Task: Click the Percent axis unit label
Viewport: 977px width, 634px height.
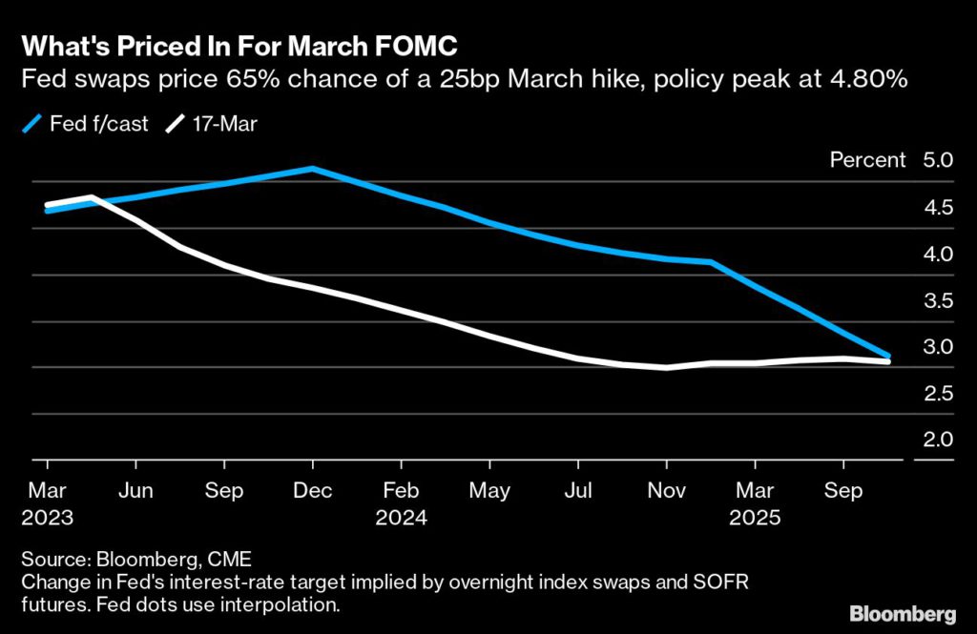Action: tap(867, 160)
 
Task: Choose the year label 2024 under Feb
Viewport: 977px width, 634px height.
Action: tap(401, 519)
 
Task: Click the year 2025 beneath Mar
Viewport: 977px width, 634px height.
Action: tap(755, 519)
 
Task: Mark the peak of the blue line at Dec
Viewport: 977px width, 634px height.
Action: tap(312, 169)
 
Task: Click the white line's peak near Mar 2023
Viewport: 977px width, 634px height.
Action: tap(91, 197)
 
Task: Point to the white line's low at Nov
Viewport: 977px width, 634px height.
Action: tap(666, 367)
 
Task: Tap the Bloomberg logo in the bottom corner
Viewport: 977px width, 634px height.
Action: tap(902, 612)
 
